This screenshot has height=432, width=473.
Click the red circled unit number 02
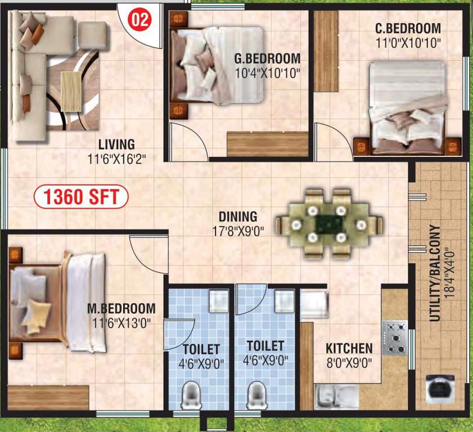coord(141,20)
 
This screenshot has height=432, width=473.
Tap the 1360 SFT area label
coord(81,197)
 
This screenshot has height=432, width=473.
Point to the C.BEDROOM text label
coord(408,29)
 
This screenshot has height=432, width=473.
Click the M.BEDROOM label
coord(121,309)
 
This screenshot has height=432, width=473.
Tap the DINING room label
coord(238,217)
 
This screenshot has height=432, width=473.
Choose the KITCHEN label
coord(349,349)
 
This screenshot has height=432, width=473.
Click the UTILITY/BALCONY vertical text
coord(434,273)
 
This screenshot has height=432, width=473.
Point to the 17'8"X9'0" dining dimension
coord(238,230)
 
